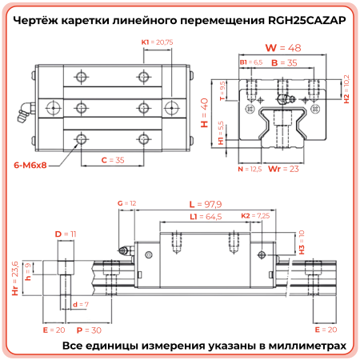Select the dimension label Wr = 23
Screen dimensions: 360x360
tap(278, 169)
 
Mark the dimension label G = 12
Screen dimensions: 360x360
tap(126, 205)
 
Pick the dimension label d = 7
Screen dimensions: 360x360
tap(80, 305)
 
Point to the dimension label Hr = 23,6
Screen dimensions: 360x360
tap(14, 278)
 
